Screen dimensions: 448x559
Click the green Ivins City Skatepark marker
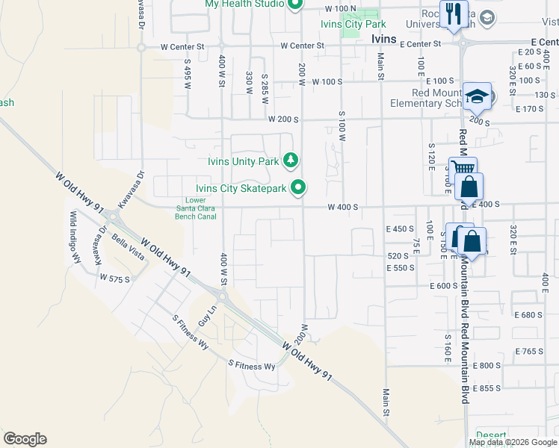click(298, 187)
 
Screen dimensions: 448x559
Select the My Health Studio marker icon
click(294, 4)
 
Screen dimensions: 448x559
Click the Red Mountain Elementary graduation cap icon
click(476, 96)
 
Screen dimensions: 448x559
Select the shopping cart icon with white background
click(460, 169)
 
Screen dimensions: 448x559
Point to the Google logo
click(24, 439)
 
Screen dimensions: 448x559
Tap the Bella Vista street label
click(127, 245)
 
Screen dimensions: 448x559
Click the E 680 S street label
click(528, 315)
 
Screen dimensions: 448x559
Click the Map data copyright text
click(513, 442)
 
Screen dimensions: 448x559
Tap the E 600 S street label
click(443, 286)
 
